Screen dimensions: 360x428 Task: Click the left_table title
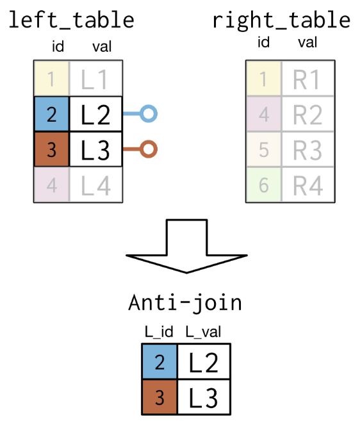coord(72,21)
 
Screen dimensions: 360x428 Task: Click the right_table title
coord(281,21)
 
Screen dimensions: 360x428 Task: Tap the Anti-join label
coord(185,303)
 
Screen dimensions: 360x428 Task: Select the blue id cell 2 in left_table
coord(52,114)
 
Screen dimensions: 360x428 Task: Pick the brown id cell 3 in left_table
coord(52,149)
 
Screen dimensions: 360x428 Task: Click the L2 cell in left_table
coord(95,114)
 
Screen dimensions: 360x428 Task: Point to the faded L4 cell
coord(95,185)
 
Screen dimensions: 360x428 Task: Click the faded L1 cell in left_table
coord(95,79)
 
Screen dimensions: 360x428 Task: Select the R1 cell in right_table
coord(308,79)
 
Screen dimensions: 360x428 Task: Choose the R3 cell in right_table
coord(308,149)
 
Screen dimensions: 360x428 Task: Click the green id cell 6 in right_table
coord(264,185)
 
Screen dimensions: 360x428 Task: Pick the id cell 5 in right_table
coord(264,149)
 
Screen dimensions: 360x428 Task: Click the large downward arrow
coord(186,245)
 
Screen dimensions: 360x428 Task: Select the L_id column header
coord(159,332)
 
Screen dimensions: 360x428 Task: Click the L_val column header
coord(203,332)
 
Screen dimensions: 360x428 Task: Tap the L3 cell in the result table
coord(204,397)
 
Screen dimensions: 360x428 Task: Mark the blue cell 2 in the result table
coord(160,361)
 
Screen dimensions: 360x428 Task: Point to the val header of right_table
coord(307,42)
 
